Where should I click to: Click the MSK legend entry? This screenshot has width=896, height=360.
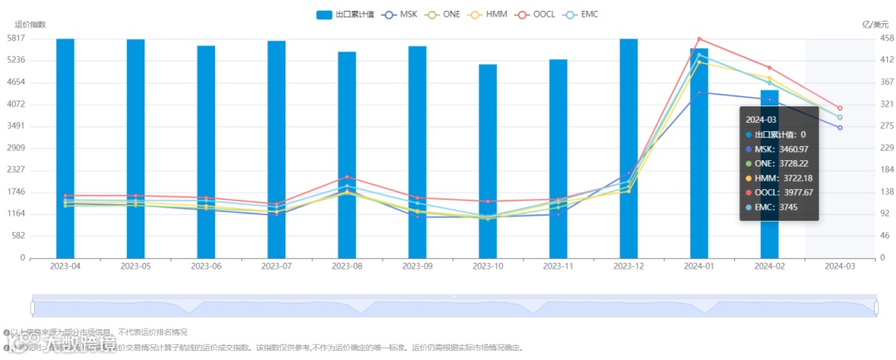[402, 15]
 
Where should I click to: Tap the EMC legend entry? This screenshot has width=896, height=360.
[580, 15]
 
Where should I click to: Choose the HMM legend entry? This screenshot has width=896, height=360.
[489, 15]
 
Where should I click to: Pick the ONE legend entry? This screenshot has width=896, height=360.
[444, 15]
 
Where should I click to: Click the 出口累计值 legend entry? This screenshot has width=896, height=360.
[346, 15]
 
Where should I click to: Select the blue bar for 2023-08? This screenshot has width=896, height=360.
[347, 154]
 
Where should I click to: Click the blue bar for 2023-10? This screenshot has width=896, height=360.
[488, 161]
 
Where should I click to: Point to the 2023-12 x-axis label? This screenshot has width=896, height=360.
[629, 266]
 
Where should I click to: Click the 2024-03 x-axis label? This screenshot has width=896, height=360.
[840, 266]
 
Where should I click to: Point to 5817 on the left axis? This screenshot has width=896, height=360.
[16, 38]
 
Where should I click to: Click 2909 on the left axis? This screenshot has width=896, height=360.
[16, 148]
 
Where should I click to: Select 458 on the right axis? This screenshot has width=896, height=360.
[887, 38]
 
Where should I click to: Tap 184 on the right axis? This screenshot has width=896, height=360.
[887, 169]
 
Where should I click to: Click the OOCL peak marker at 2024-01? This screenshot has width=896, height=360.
[699, 39]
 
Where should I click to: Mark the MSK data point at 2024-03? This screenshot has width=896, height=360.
[840, 128]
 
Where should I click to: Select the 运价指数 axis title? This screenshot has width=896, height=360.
[31, 25]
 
